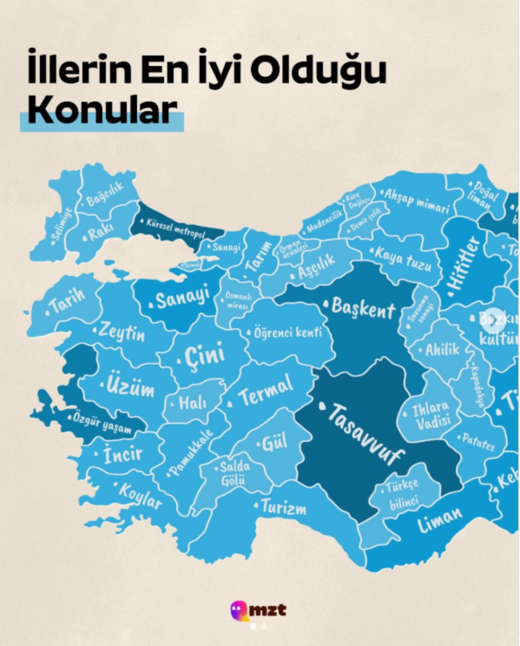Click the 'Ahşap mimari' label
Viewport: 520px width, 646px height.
tap(416, 201)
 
